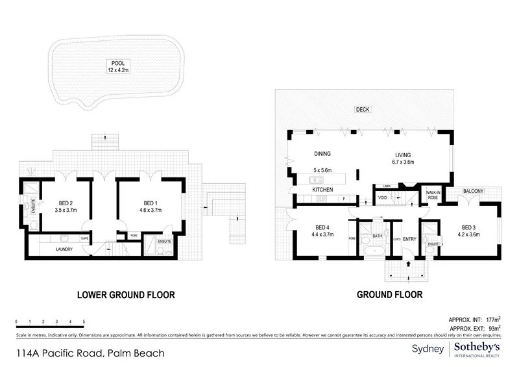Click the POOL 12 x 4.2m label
pyautogui.click(x=119, y=66)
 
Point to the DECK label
pyautogui.click(x=363, y=110)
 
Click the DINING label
pyautogui.click(x=322, y=155)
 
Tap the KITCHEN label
pyautogui.click(x=322, y=190)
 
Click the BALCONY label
pyautogui.click(x=473, y=191)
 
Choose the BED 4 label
pyautogui.click(x=322, y=231)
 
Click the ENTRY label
pyautogui.click(x=409, y=240)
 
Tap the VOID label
pyautogui.click(x=383, y=198)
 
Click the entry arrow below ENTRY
pyautogui.click(x=408, y=264)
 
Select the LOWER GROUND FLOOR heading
pyautogui.click(x=126, y=295)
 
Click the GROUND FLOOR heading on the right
pyautogui.click(x=390, y=295)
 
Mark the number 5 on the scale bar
pyautogui.click(x=84, y=322)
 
